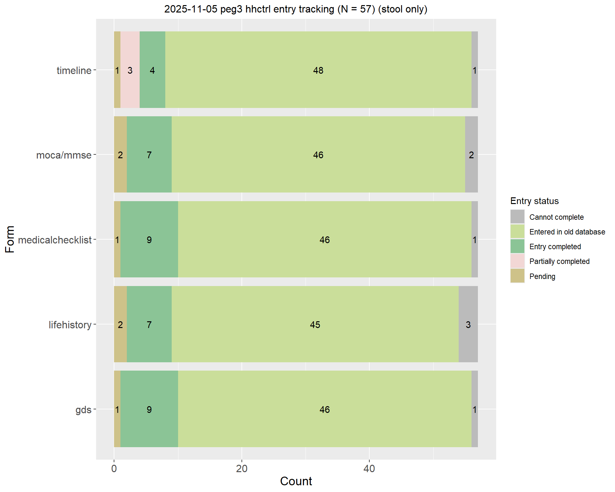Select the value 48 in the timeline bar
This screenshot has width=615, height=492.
(318, 70)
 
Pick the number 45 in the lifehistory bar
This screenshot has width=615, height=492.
(315, 325)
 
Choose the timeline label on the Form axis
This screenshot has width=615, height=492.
(74, 70)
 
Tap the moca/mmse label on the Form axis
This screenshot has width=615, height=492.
(64, 155)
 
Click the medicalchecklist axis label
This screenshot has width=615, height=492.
(55, 240)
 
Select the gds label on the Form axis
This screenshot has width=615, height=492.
(83, 410)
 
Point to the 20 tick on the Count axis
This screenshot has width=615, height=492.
(242, 469)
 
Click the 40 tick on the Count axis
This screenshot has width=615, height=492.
(369, 469)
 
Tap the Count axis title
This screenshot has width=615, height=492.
(296, 481)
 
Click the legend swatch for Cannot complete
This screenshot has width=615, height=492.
(517, 217)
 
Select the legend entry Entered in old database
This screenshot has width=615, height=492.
(567, 232)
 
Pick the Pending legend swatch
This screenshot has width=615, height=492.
(517, 276)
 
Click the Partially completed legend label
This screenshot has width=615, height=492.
(559, 261)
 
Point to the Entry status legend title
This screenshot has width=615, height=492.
(534, 201)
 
